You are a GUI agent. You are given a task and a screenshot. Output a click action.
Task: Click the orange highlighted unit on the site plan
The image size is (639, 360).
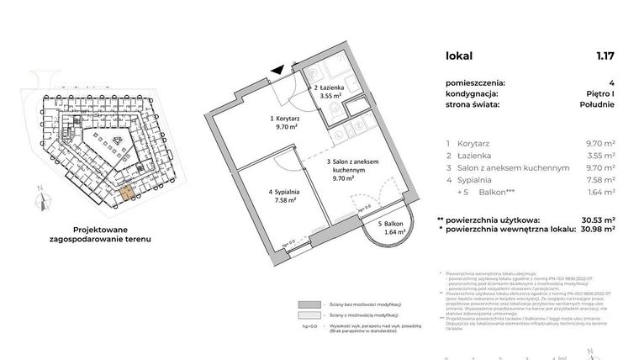point(125,193)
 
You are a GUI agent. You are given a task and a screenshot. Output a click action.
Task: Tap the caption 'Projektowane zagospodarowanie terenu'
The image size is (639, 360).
point(106,233)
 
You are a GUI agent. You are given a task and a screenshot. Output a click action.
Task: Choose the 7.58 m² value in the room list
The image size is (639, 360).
point(599,179)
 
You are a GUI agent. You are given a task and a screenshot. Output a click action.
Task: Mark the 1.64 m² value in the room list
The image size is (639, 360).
point(599,191)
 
